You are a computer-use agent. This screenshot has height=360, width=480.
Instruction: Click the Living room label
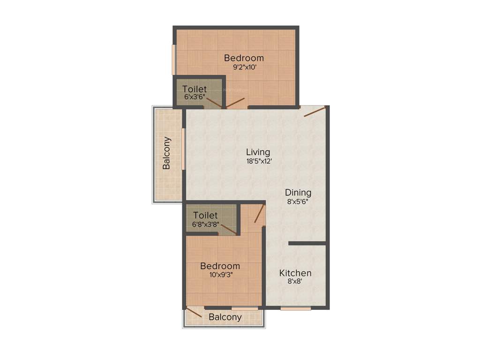click(x=258, y=152)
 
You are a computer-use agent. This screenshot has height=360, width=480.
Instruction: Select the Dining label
click(x=298, y=193)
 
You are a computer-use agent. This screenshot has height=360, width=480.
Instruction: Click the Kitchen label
click(x=295, y=273)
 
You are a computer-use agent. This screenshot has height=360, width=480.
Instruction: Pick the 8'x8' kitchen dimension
click(x=295, y=282)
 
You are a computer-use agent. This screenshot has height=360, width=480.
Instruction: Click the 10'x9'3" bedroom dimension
click(x=220, y=275)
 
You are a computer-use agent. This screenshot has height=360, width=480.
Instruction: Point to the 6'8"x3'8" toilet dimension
click(x=205, y=224)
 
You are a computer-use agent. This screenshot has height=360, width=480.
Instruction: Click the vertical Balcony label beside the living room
click(x=166, y=153)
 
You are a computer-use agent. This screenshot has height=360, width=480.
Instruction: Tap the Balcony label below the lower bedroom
click(x=225, y=317)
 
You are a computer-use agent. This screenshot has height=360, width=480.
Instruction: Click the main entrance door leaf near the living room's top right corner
click(x=315, y=112)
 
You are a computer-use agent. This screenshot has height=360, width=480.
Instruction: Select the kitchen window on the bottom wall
click(x=296, y=308)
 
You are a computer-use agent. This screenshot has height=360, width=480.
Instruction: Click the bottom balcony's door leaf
click(x=194, y=312)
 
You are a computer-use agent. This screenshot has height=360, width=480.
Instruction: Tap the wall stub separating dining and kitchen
click(x=307, y=243)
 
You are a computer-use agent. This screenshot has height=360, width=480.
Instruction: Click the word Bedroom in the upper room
click(x=244, y=58)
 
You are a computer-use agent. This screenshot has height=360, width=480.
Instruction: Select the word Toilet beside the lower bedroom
click(x=205, y=215)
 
